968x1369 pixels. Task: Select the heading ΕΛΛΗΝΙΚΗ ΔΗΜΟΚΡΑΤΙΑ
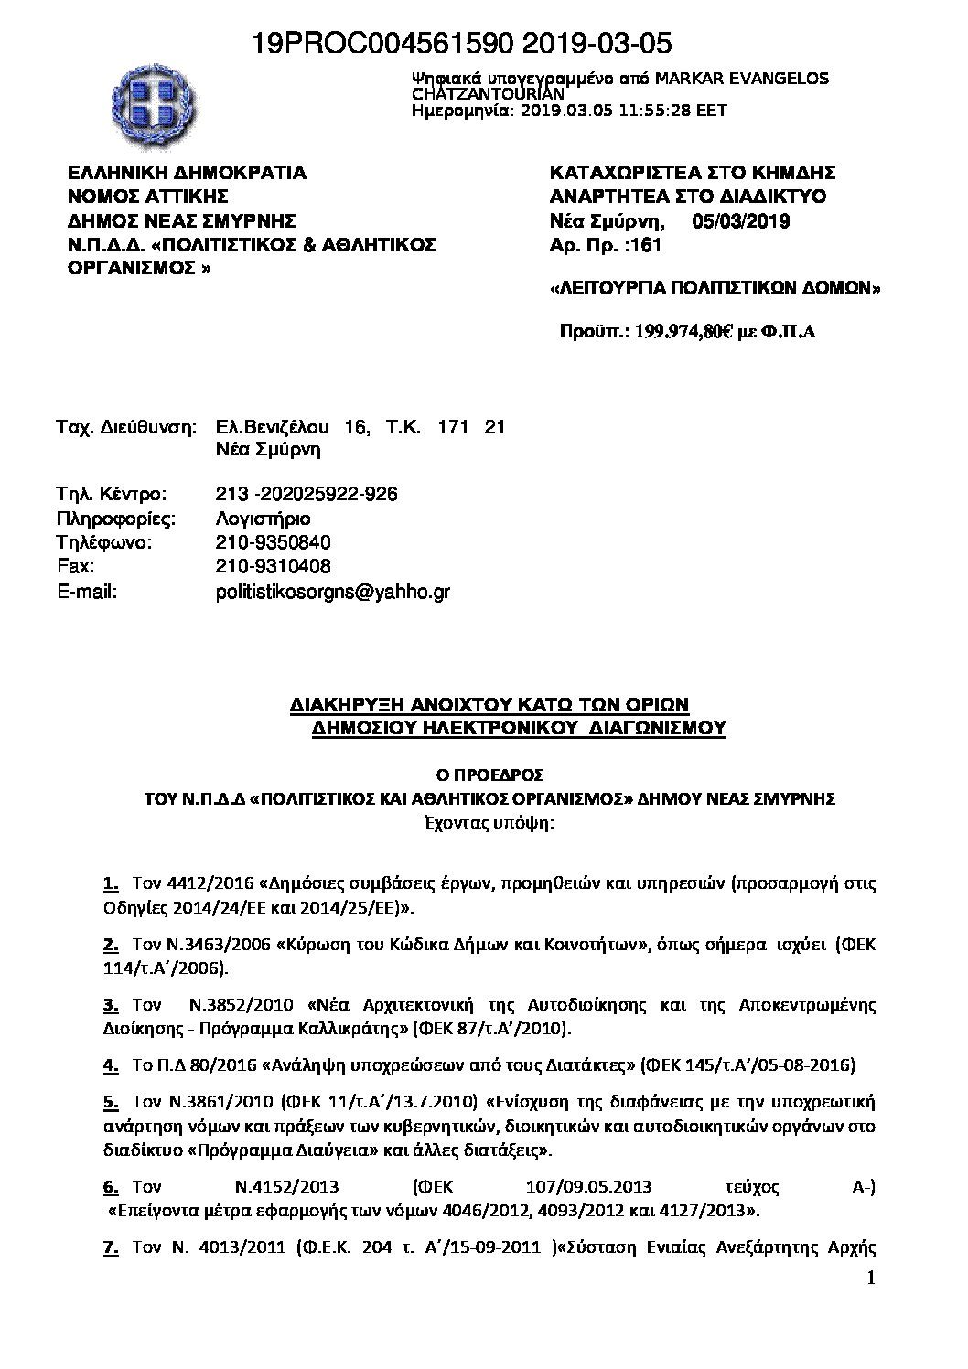click(x=188, y=173)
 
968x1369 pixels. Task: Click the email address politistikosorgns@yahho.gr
click(x=332, y=592)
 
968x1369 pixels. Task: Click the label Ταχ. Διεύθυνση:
click(x=126, y=427)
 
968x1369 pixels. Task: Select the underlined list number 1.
click(x=110, y=884)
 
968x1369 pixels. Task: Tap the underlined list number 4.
click(x=110, y=1065)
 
